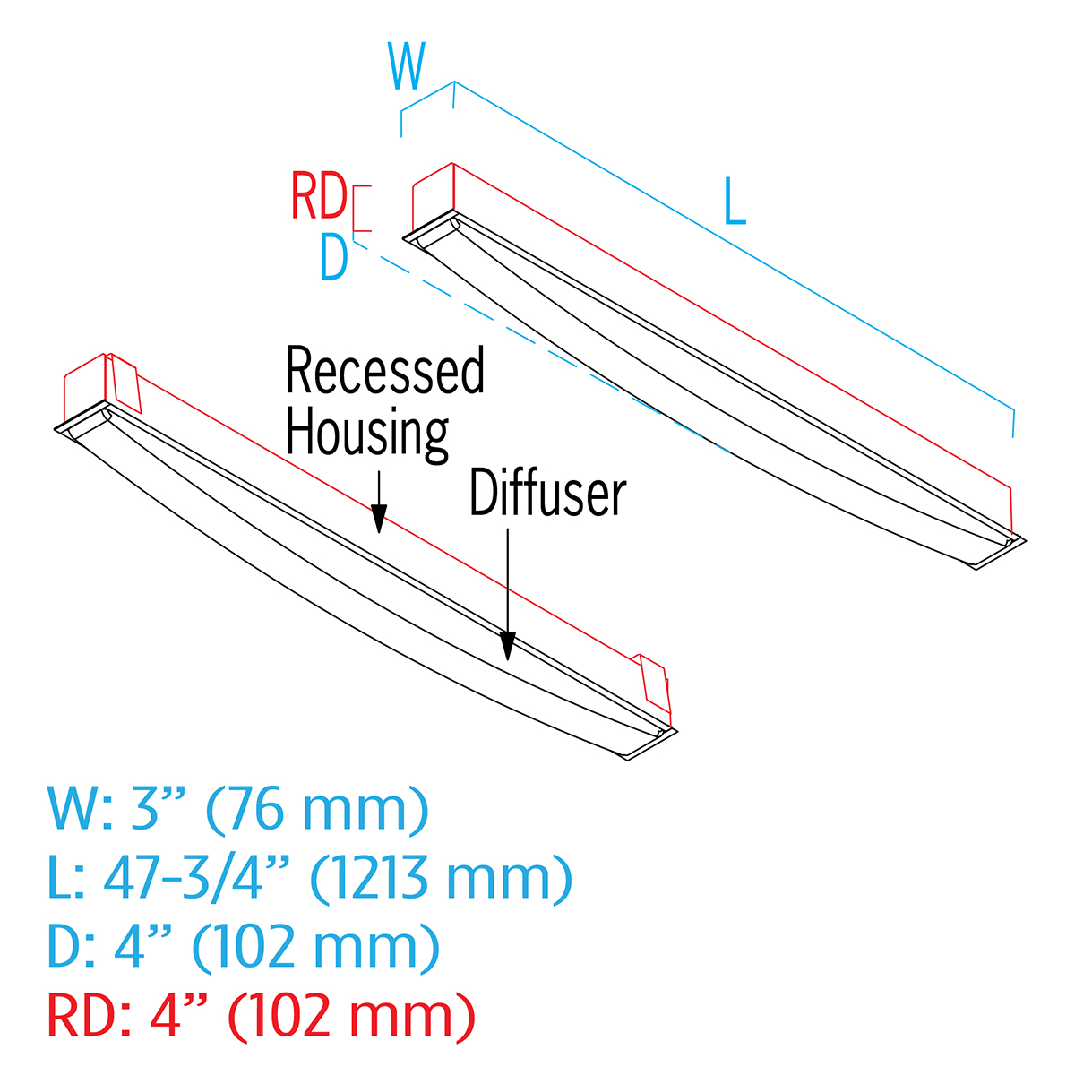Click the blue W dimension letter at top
pos(407,66)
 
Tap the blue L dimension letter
pos(735,202)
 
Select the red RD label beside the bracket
pos(319,197)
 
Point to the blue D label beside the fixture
pos(333,259)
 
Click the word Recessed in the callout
pos(385,371)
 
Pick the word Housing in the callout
pos(367,434)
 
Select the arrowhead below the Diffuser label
pos(508,645)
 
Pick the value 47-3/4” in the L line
pos(198,877)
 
